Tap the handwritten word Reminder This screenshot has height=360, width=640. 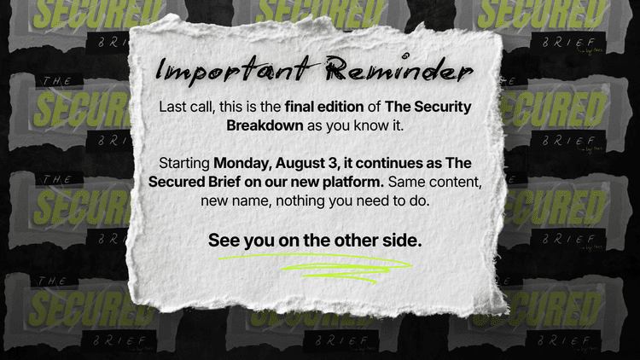399,69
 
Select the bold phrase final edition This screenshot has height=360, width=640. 324,107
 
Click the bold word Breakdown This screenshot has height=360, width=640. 265,125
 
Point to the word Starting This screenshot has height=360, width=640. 184,163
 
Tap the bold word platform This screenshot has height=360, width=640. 353,182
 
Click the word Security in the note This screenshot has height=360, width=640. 442,107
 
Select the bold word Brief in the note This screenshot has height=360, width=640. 224,182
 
